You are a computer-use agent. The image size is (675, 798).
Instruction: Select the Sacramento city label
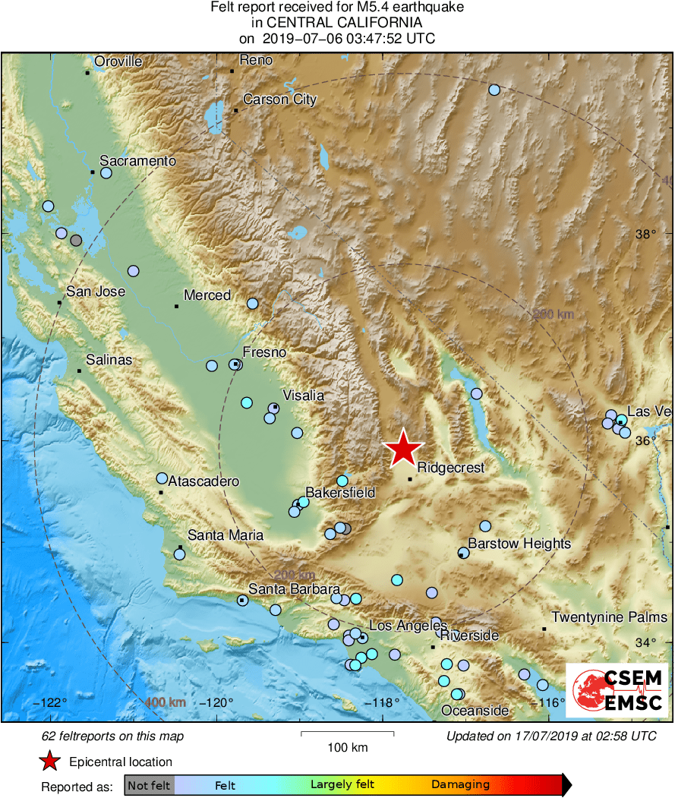137,161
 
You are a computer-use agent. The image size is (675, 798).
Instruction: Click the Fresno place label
263,352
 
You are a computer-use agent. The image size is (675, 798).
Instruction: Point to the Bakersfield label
340,493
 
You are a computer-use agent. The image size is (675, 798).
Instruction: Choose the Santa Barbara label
294,589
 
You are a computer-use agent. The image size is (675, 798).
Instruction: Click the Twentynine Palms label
609,617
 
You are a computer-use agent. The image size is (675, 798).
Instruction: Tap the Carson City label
279,99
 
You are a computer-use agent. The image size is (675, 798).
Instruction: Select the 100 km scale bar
347,734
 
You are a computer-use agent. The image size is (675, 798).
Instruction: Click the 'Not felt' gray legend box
149,785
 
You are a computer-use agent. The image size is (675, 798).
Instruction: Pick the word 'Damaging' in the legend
460,785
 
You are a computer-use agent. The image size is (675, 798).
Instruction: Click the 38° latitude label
646,235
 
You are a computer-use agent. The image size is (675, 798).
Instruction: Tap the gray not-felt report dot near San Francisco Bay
76,241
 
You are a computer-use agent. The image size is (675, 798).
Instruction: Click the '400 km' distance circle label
165,702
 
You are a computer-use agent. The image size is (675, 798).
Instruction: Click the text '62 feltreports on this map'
112,736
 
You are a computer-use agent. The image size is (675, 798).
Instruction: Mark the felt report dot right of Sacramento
106,173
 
